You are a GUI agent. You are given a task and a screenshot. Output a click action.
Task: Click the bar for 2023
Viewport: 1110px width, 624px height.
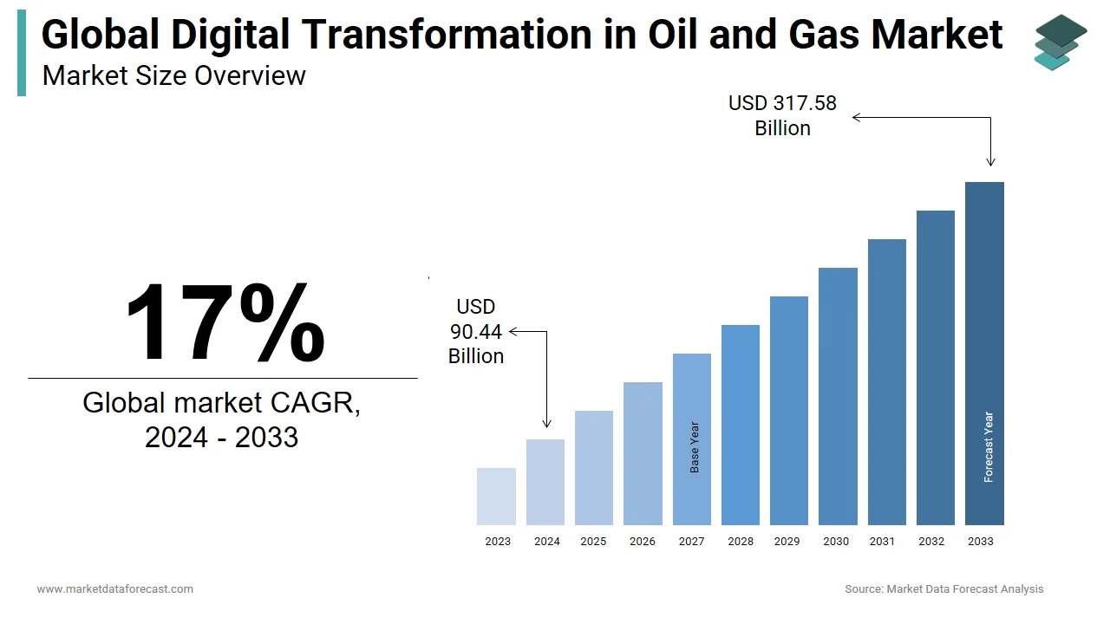click(496, 497)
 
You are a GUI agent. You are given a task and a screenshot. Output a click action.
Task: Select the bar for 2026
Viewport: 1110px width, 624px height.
click(643, 453)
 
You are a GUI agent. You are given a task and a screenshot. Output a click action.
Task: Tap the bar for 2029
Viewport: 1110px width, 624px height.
click(789, 411)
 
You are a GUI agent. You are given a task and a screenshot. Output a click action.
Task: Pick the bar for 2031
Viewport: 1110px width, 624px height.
click(887, 382)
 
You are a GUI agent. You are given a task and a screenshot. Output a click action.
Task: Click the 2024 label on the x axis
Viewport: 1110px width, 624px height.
click(547, 542)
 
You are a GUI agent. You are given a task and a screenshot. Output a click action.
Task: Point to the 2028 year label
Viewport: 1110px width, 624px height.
click(741, 542)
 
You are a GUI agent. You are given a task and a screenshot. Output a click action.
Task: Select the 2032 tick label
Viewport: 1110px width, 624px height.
click(931, 542)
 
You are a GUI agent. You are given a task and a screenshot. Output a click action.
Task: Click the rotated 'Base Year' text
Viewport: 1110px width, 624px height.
click(695, 447)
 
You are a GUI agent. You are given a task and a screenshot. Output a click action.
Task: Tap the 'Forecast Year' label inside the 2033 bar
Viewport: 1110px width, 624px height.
click(988, 446)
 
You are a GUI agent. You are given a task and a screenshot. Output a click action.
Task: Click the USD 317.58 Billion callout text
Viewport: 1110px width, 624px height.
click(782, 116)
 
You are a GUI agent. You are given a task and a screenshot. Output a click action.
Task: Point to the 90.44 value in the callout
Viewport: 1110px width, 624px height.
click(476, 332)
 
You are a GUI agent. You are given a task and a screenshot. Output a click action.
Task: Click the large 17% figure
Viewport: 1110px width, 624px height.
click(225, 322)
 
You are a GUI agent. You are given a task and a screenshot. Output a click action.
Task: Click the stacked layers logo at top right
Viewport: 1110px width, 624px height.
click(1061, 42)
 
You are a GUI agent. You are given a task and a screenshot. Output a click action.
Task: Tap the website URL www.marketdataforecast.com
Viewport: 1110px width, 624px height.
click(115, 588)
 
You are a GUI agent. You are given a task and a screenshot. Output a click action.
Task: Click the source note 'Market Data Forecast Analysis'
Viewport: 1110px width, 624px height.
click(965, 588)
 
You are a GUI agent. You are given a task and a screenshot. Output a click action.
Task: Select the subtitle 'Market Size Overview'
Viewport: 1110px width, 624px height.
click(174, 75)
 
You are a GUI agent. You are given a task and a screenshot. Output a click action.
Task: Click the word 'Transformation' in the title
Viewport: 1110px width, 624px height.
click(447, 34)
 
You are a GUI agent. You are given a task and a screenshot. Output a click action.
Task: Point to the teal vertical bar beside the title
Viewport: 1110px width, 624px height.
click(22, 53)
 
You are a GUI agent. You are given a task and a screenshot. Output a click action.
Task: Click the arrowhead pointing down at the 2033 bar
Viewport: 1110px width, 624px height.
click(990, 162)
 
